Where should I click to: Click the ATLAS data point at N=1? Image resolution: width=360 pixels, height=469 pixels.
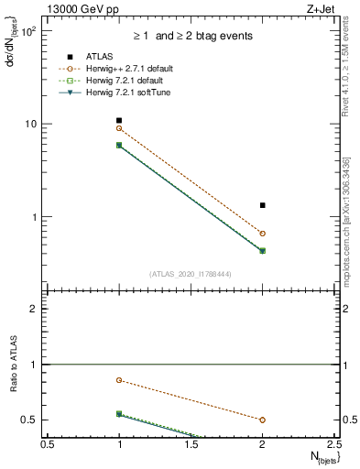pos(119,120)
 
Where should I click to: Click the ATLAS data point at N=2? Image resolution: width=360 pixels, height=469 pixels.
pos(263,205)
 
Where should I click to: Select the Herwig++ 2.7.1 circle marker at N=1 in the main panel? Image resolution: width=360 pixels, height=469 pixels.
pos(119,128)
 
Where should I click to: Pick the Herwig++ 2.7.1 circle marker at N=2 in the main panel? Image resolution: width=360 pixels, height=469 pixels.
pos(263,234)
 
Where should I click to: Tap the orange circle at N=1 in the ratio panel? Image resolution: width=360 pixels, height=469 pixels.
pos(119,380)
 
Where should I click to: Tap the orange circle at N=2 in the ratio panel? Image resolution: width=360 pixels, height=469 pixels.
pos(263,420)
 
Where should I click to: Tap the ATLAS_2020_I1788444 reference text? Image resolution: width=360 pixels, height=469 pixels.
pos(191,273)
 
